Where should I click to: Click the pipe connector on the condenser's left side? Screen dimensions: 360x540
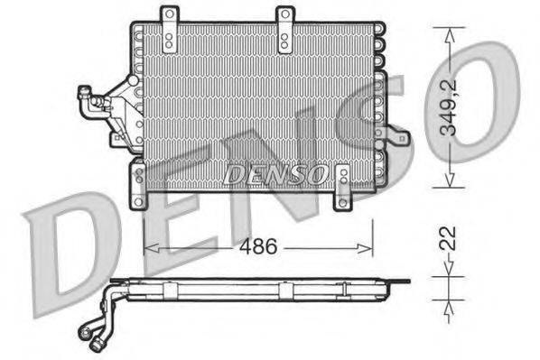[x=95, y=105]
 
